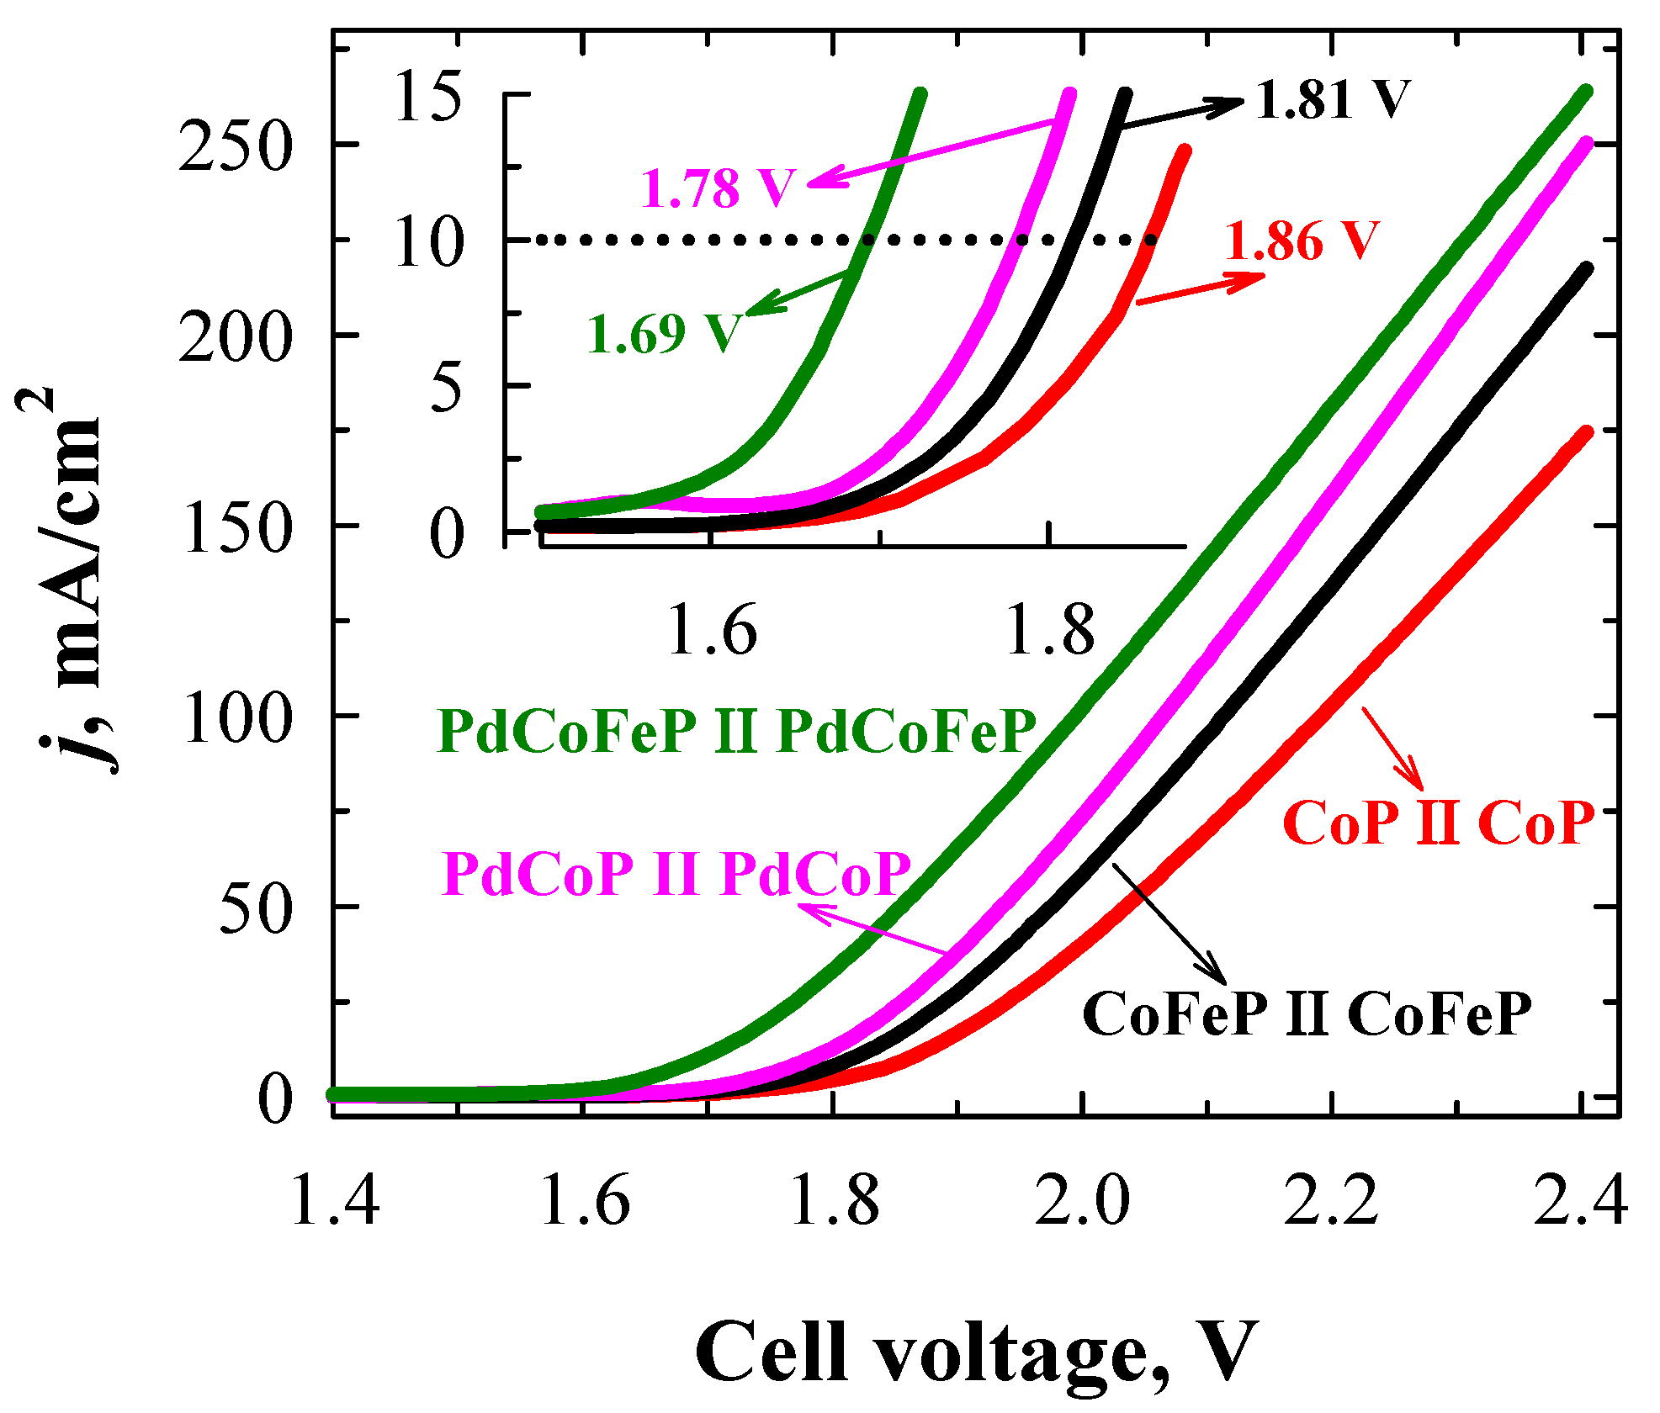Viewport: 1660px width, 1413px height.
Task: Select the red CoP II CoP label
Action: point(1439,822)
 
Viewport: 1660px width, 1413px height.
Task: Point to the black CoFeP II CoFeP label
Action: point(1307,1013)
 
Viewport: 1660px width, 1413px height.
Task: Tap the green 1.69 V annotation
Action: point(665,333)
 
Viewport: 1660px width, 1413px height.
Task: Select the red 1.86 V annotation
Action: point(1302,241)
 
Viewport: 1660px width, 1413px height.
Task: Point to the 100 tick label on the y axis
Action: point(236,717)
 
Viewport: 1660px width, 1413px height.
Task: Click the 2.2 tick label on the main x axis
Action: point(1331,1199)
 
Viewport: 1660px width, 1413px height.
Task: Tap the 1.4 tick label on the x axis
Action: point(334,1199)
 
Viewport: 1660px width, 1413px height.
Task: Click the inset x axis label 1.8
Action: point(1049,629)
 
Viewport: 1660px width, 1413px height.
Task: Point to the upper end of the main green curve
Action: point(1585,92)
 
